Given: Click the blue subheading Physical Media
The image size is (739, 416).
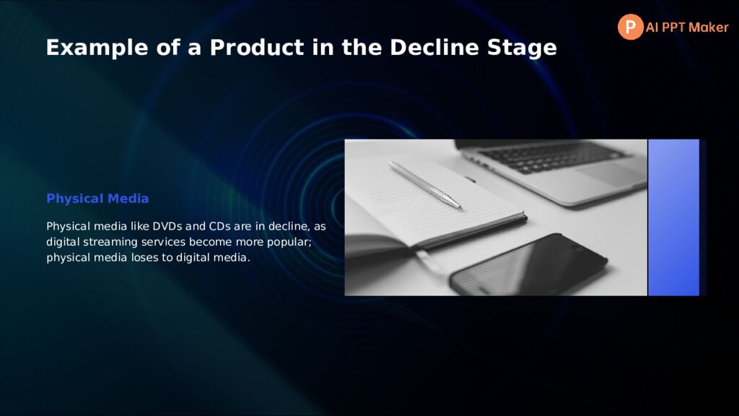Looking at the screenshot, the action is tap(97, 199).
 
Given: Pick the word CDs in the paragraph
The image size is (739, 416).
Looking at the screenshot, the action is tap(219, 226).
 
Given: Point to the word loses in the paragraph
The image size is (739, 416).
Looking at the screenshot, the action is tap(145, 258).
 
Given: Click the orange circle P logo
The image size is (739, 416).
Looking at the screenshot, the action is tap(630, 27).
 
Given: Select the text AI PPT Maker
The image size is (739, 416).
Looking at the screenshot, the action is tap(687, 27).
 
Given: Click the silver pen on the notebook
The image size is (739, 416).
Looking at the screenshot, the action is tap(424, 185).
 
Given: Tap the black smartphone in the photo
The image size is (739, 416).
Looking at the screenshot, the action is tap(528, 264).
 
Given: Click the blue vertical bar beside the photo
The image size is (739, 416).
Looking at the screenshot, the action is tap(673, 217).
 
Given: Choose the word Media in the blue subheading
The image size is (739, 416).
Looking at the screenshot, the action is tap(128, 199).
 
